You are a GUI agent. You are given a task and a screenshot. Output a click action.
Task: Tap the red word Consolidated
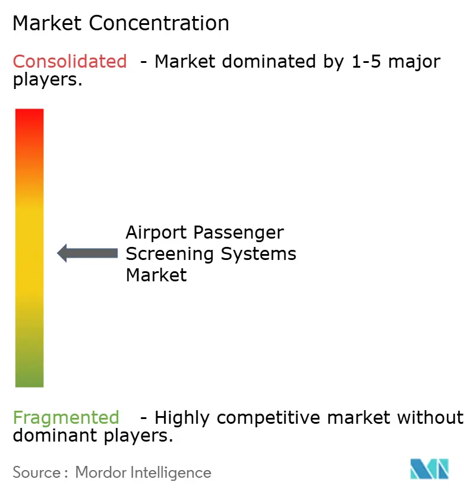(x=70, y=61)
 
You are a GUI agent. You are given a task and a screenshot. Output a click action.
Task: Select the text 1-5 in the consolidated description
(x=364, y=61)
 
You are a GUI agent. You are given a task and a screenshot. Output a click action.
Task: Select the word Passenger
(x=243, y=233)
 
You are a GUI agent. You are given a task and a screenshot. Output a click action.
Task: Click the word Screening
(x=170, y=254)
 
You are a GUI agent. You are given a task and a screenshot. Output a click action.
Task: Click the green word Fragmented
(x=66, y=418)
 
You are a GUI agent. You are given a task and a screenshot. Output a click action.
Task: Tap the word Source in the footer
(x=36, y=472)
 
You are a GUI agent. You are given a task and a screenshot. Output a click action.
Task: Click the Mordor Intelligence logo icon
(x=429, y=469)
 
